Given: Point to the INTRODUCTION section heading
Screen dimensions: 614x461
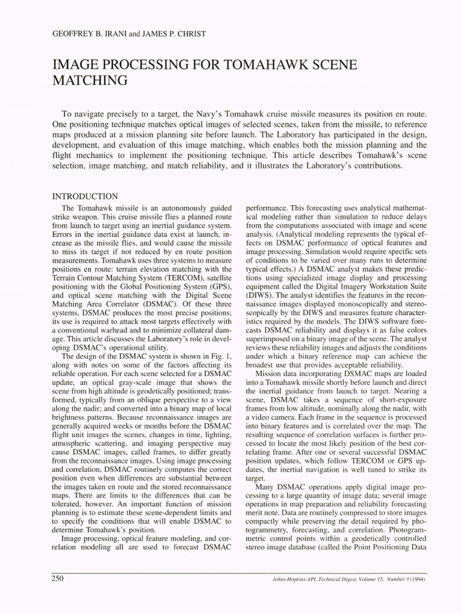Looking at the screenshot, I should coord(85,196).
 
